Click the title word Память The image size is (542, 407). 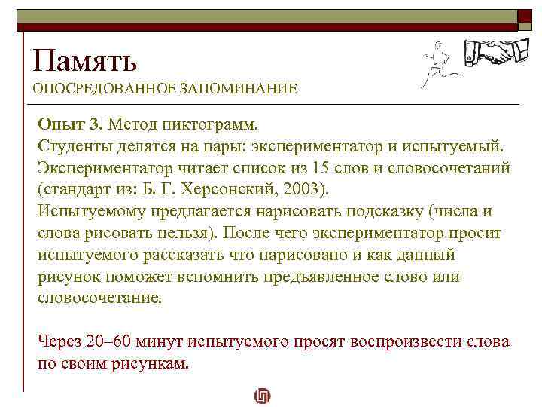coord(84,59)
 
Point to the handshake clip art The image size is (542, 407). coord(494,52)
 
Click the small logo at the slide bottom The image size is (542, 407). coord(263,396)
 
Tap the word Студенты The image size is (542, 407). coord(74,145)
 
